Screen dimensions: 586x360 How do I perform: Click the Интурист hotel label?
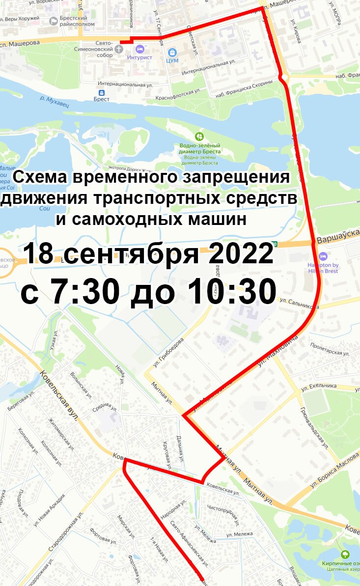[139, 57]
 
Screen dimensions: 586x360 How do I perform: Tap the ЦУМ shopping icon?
[172, 52]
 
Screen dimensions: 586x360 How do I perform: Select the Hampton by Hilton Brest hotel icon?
[323, 256]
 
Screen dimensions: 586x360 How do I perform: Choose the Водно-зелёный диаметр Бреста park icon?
[199, 136]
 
